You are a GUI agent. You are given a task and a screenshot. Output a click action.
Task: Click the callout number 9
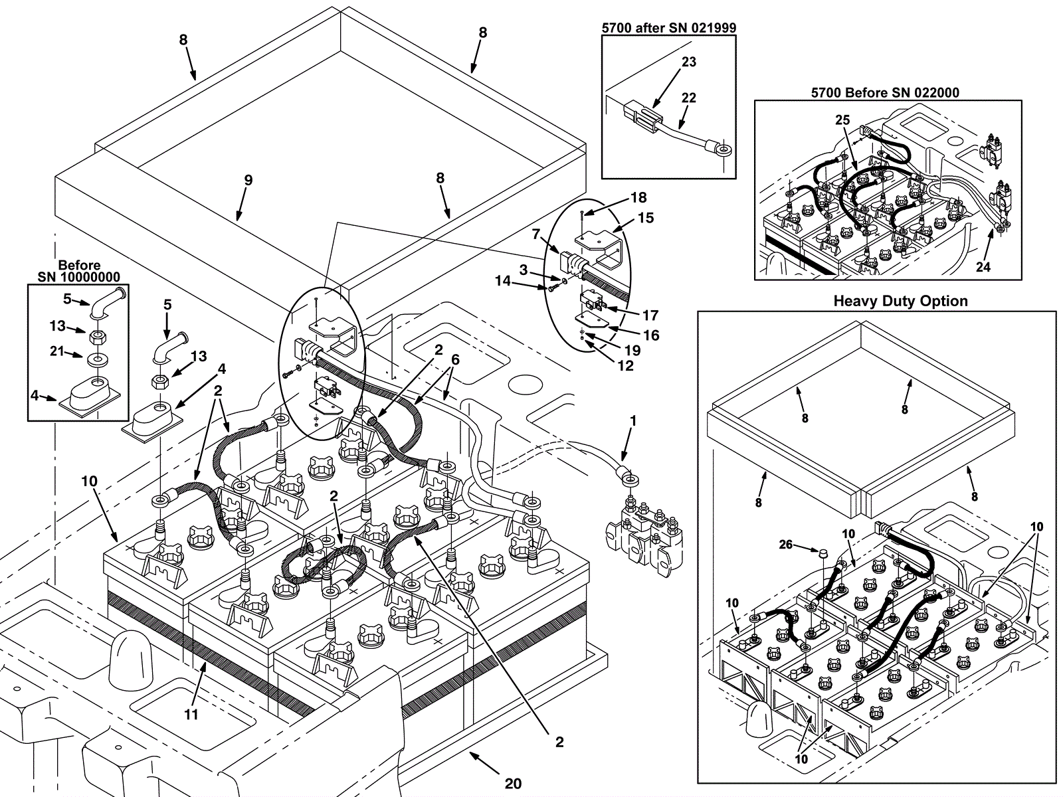click(248, 181)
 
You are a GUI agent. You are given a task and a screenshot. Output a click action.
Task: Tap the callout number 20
click(514, 784)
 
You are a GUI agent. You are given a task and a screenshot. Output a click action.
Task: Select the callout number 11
click(191, 714)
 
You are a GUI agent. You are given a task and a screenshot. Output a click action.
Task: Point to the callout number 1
click(632, 421)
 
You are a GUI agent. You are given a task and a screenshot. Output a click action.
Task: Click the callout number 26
click(785, 545)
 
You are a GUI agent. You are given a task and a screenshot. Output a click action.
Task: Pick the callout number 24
click(983, 266)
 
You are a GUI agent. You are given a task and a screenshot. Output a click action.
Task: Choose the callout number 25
click(842, 120)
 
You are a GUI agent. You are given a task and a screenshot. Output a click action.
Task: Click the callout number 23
click(689, 62)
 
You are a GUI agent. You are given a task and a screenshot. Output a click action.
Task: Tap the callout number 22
click(689, 98)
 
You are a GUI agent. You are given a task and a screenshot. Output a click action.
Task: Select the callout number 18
click(638, 197)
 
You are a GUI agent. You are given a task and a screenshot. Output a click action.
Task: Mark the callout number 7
click(535, 234)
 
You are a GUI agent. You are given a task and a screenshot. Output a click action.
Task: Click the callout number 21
click(57, 351)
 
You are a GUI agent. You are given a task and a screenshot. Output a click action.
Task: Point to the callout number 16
click(652, 335)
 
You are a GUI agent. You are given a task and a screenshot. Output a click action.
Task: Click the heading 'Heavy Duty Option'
click(900, 301)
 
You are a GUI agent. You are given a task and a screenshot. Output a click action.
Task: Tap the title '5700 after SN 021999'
click(669, 28)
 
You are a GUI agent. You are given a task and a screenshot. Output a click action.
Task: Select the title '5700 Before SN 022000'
click(885, 92)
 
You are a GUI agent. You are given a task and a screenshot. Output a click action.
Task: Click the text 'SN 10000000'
click(79, 277)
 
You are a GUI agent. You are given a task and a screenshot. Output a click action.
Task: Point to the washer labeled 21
click(98, 360)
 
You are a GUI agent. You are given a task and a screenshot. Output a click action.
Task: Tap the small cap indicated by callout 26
click(823, 553)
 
